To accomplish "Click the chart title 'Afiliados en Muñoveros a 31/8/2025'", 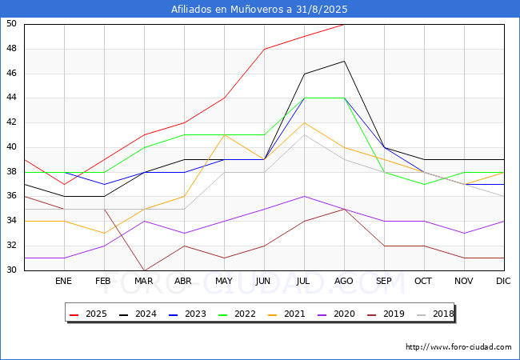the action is (x=259, y=9).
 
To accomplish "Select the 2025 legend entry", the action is (x=88, y=314).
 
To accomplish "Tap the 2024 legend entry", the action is (x=138, y=314).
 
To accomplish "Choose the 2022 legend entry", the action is (x=237, y=314).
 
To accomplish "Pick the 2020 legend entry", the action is (x=336, y=314).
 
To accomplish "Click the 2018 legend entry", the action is (x=435, y=314).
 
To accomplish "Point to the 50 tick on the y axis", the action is (x=11, y=23).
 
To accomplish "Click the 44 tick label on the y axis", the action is (x=11, y=98).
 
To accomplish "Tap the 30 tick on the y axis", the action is (x=11, y=270).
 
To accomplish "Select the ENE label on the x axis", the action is (x=63, y=281).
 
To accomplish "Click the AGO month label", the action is (x=343, y=281).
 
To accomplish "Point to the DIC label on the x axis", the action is (x=503, y=281).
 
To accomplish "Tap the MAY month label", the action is (x=224, y=281).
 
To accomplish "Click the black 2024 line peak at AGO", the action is (x=345, y=61).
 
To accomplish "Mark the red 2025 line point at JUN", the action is (x=264, y=49).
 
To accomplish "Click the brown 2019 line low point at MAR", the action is (x=144, y=270).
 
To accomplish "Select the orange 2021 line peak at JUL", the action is (x=305, y=122).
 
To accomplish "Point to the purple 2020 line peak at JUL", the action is (x=305, y=196).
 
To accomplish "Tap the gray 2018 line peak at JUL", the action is (x=305, y=135).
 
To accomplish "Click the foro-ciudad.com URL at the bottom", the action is (x=458, y=347).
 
